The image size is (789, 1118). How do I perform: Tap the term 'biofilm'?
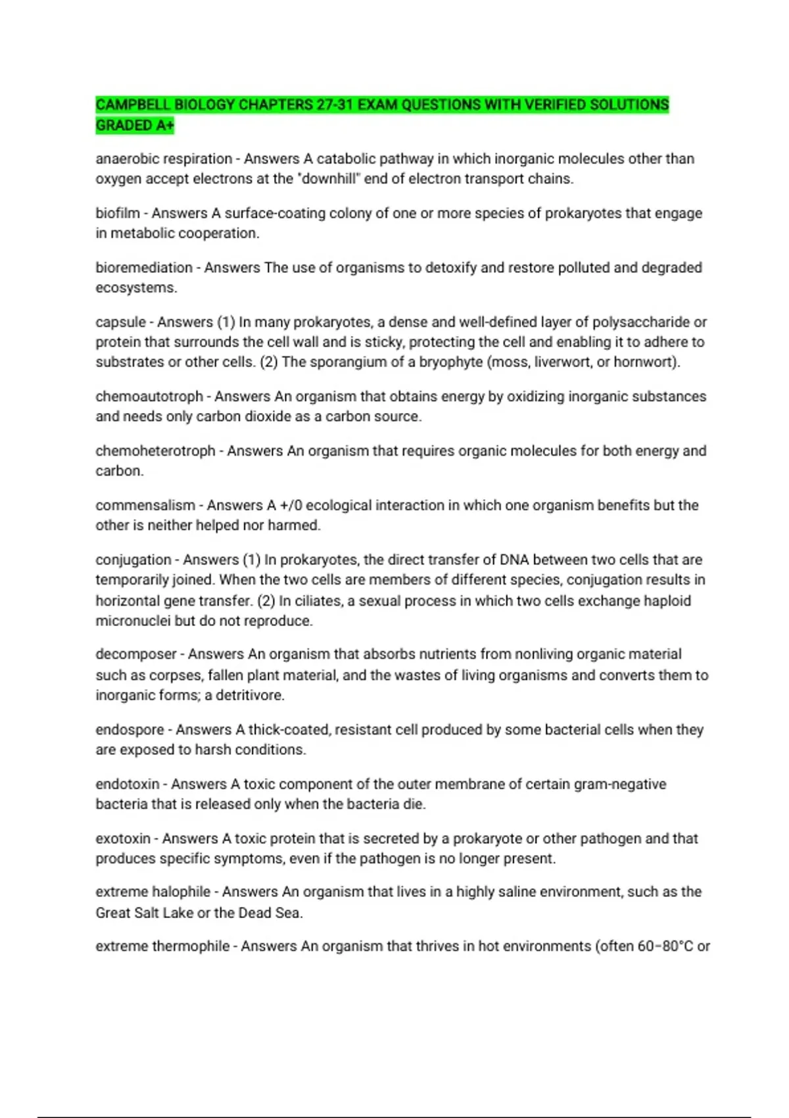click(x=118, y=213)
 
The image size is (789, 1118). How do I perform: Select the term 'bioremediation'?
click(x=144, y=268)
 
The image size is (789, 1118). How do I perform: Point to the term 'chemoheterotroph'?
click(x=155, y=451)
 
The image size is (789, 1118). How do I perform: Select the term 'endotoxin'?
click(x=128, y=784)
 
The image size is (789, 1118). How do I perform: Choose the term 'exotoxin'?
click(x=123, y=838)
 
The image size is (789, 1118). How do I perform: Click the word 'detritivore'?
click(x=249, y=695)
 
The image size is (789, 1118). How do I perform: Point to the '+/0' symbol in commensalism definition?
click(x=291, y=506)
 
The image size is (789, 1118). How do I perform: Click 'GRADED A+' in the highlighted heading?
click(x=135, y=125)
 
